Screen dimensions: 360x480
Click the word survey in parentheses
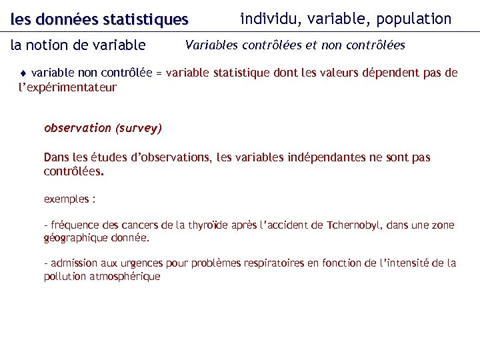[139, 128]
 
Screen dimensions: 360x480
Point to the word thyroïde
[208, 225]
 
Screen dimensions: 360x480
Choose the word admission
[75, 263]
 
